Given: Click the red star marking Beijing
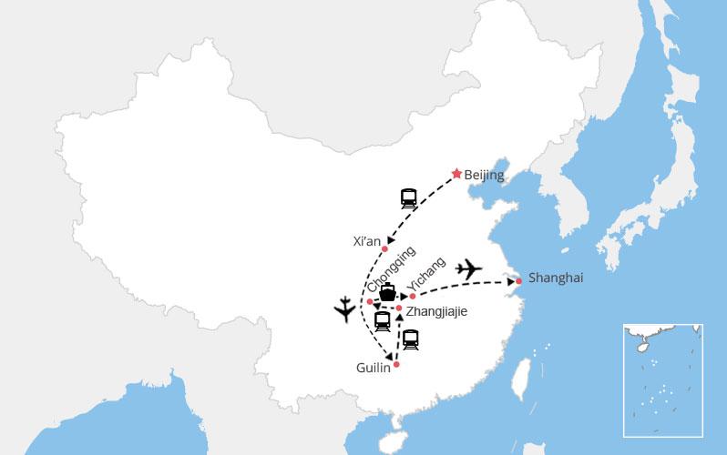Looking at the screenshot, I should pos(456,173).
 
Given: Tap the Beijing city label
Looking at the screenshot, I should pos(484,176).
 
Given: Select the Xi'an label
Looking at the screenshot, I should pos(366,241).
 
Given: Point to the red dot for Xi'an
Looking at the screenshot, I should pos(384,248).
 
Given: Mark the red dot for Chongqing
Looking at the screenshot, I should pos(369,301).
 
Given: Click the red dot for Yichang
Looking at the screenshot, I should pos(413,296).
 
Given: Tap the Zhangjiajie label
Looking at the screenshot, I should pos(436,311).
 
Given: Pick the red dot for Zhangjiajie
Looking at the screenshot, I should pos(399,308).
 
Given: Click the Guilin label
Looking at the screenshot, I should pos(374,367).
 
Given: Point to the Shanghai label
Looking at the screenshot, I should pos(556,278).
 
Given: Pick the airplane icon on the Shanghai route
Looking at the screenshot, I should pos(469,268).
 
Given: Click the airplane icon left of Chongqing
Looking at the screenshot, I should pos(345,311).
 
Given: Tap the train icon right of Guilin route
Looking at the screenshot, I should pos(411,340).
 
